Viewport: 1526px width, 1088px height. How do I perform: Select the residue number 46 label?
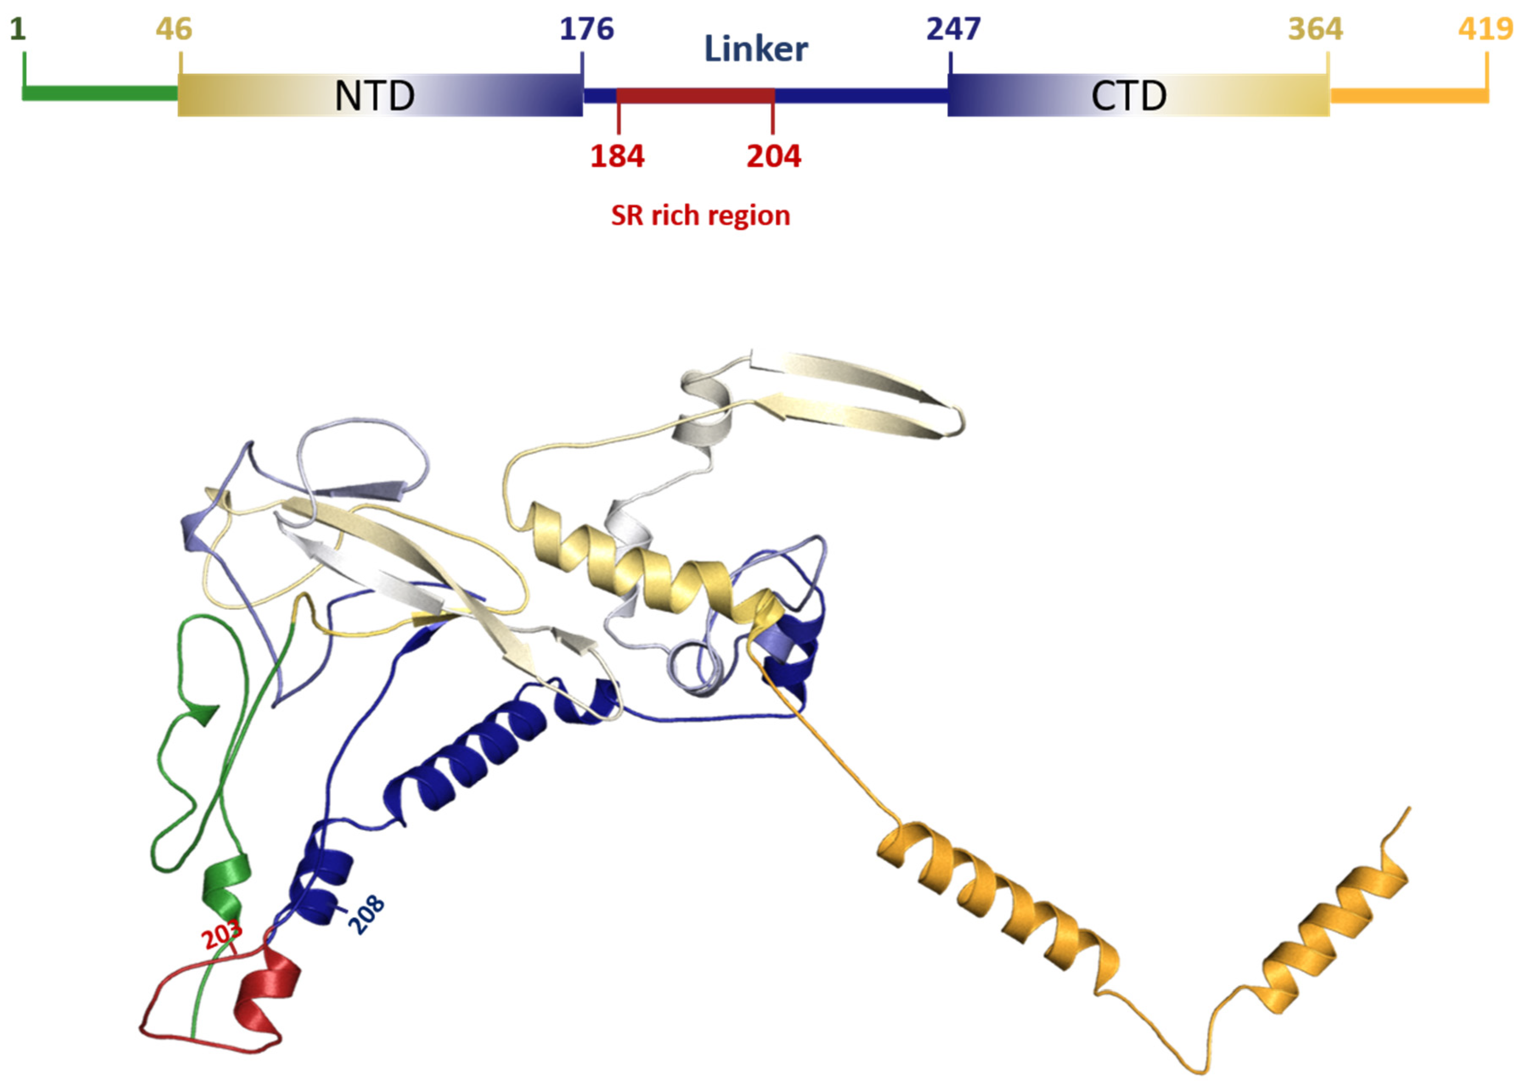click(x=174, y=29)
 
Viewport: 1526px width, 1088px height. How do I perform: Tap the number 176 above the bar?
click(x=586, y=29)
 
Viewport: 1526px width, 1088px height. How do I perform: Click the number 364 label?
click(x=1315, y=29)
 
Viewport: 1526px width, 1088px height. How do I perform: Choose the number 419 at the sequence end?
click(x=1485, y=29)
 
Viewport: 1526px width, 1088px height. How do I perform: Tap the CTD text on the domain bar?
click(x=1129, y=96)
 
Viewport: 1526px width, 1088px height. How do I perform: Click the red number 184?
click(x=617, y=157)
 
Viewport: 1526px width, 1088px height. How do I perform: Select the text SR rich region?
click(x=700, y=216)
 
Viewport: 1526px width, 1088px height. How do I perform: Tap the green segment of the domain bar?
click(x=101, y=94)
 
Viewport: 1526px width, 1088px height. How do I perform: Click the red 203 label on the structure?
click(x=222, y=933)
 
